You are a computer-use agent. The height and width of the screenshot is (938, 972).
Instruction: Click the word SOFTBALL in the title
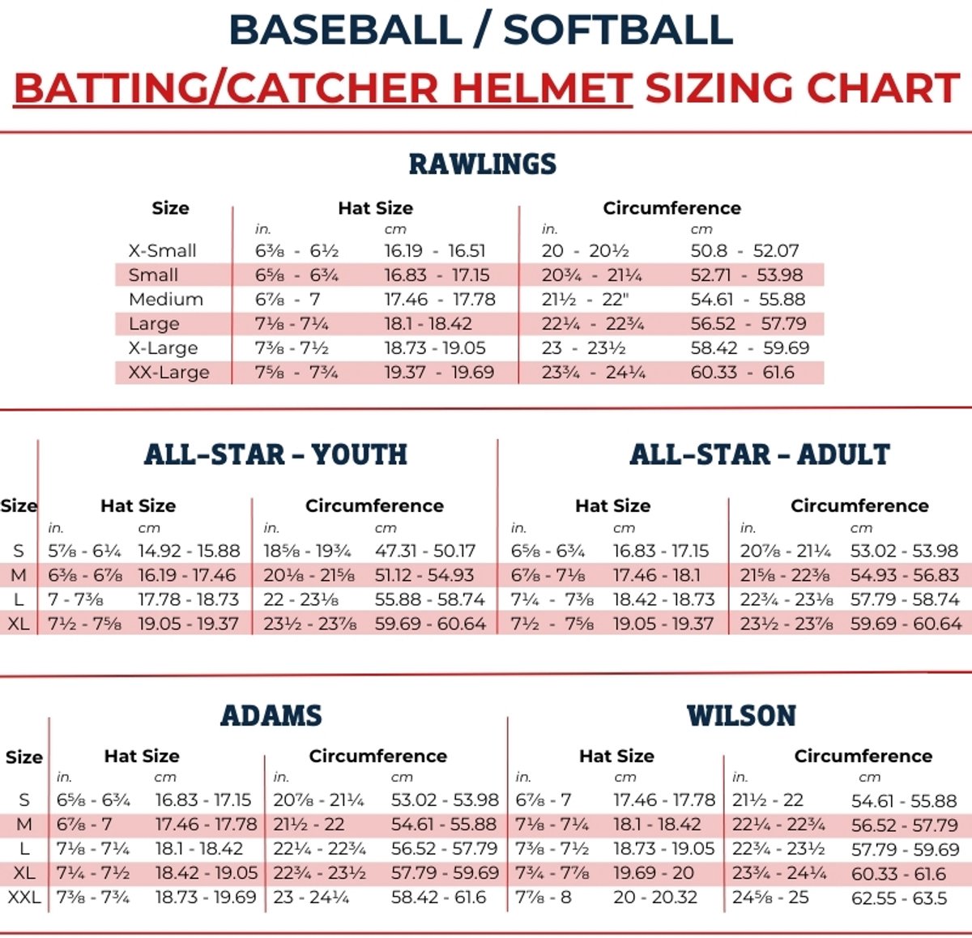coord(618,31)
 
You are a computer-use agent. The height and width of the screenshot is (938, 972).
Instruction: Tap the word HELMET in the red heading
coord(542,88)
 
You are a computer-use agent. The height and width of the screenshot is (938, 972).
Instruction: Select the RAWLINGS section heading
coord(483,164)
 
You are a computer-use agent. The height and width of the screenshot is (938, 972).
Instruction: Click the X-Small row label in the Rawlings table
coord(162,250)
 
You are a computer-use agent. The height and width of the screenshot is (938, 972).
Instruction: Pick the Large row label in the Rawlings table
coord(154,324)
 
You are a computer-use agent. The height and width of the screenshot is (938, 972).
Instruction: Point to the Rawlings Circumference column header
coord(671,208)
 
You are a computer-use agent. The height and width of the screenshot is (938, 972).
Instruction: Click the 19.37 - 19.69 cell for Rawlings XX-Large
coord(439,372)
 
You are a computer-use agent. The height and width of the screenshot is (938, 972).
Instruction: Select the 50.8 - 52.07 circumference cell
coord(744,250)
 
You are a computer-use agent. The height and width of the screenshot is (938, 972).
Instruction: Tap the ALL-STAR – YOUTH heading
coord(275,454)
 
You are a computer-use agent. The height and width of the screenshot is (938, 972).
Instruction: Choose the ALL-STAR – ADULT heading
coord(760,454)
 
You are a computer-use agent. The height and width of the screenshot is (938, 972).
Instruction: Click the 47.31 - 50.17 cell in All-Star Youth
coord(425,551)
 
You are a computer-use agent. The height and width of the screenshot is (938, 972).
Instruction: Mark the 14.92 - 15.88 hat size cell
coord(189,551)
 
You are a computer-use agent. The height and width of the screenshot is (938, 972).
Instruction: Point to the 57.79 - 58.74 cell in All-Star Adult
coord(905,599)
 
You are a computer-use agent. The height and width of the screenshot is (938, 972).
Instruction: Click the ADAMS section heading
coord(271,715)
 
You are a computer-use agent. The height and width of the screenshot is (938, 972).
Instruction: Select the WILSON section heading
coord(741,715)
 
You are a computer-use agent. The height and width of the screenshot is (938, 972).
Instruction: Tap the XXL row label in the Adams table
coord(24,897)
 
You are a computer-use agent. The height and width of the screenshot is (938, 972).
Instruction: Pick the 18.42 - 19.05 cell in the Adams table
coord(207,872)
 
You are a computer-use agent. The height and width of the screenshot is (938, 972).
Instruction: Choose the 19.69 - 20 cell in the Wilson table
coord(654,872)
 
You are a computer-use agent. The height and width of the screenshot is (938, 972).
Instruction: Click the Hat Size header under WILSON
coord(616,756)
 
